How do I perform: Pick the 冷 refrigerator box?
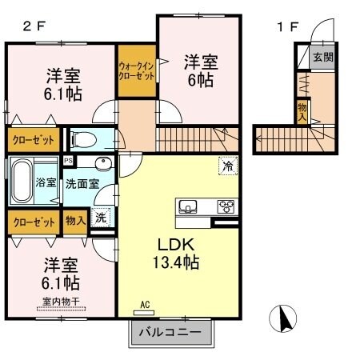point(227,167)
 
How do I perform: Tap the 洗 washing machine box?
point(100,218)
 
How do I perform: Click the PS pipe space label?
point(68,160)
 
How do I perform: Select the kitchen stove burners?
point(226,206)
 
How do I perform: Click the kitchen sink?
point(189,207)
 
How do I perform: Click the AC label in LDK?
point(145,305)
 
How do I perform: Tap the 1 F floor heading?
point(286,25)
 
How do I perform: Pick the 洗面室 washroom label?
point(82,182)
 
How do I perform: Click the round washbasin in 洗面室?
point(102,165)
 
